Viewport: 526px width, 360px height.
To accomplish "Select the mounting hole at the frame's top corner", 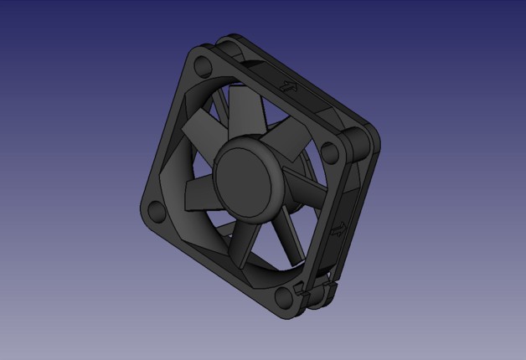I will click(x=203, y=64).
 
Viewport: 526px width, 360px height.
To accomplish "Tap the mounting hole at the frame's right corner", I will click(x=332, y=152).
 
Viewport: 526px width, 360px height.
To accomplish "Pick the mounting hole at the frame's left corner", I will click(x=155, y=209).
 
